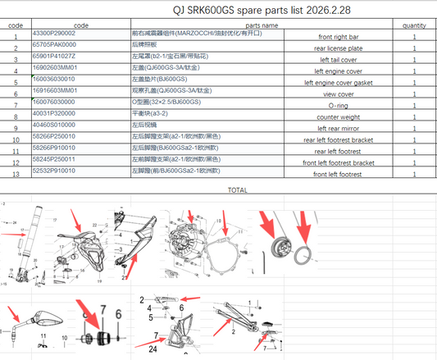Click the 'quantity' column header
coord(414,25)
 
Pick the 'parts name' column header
coord(262,25)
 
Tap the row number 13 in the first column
coord(15,175)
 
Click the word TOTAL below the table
coord(238,190)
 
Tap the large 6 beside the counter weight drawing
coord(118,312)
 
